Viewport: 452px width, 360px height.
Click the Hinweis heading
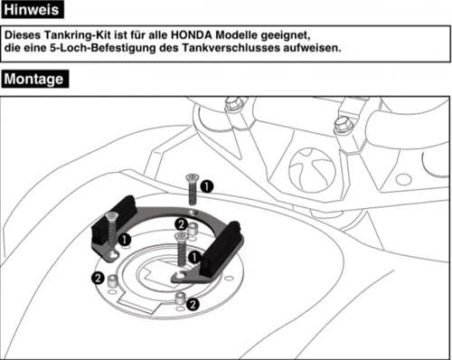(x=33, y=11)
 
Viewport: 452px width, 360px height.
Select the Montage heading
(x=34, y=79)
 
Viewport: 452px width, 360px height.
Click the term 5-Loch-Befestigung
(x=100, y=48)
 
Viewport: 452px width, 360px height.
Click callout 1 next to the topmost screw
(x=207, y=185)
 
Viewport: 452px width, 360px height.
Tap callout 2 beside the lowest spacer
(x=193, y=305)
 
